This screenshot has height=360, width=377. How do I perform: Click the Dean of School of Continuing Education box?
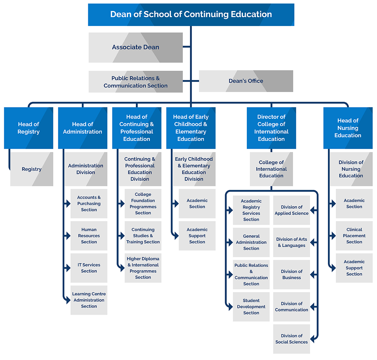pos(191,15)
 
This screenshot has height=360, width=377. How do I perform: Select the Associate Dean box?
pos(136,48)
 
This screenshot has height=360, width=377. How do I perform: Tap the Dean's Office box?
pos(246,81)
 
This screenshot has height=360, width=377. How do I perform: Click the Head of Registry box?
pos(28,128)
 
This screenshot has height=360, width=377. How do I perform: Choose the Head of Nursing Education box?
pos(348,128)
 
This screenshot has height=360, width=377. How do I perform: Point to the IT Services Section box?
pos(89,268)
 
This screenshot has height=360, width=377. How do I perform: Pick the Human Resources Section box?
pos(89,235)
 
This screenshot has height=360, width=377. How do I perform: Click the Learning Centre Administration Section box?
pos(89,300)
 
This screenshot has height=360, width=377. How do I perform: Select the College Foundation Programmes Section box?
pos(143,204)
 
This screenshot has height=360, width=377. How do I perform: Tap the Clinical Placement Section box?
pos(354,235)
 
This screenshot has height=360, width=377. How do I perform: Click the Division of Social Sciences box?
pos(292,339)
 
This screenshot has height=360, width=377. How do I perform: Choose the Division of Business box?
pos(292,275)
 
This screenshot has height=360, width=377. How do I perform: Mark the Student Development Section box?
pos(251,307)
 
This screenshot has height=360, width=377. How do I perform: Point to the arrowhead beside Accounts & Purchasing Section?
pos(68,204)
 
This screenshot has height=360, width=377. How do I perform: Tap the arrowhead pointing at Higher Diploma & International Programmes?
pos(122,268)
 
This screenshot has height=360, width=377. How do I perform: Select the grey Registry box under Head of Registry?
pos(32,169)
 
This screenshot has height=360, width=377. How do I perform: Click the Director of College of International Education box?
pos(271,128)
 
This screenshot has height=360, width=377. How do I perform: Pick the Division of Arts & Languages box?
pos(292,242)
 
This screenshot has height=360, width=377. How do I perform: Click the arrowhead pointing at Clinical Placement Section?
pos(334,235)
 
